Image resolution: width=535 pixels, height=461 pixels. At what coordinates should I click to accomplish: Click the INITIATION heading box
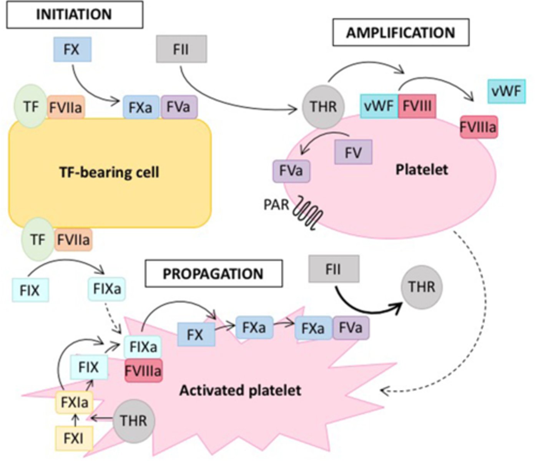point(75,15)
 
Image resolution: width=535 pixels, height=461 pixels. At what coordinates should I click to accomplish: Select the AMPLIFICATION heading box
point(400,33)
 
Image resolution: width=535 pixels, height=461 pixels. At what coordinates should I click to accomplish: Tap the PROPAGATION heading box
point(213,274)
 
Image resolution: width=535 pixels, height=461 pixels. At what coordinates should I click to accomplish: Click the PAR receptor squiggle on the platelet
point(307,216)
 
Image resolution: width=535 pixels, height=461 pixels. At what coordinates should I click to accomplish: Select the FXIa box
point(74,403)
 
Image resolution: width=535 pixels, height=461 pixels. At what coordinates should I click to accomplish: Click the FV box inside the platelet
point(353,153)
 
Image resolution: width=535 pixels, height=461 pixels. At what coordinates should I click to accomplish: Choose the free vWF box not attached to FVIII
point(506,91)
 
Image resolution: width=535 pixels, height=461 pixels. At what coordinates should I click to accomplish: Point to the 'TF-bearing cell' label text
point(109,172)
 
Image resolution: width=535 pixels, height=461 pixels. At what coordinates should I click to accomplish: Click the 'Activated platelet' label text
point(240,390)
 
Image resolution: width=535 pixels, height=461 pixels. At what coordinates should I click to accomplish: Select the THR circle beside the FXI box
point(133,420)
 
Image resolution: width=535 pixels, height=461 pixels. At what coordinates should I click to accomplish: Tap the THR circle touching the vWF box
point(323,106)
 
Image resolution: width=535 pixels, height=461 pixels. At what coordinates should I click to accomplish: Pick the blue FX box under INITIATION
point(72,50)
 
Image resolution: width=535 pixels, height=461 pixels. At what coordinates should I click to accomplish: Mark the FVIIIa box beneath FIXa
point(143,371)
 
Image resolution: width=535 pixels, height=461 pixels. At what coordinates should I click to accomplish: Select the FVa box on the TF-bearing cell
point(179,107)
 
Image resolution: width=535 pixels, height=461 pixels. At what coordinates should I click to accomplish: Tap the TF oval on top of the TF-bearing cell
point(30,106)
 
